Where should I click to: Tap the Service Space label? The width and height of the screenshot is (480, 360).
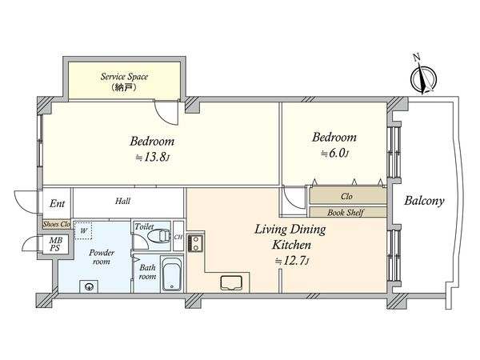pos(124,77)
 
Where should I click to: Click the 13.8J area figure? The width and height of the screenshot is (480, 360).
pos(153,158)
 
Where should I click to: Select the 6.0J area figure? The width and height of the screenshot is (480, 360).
pos(334,153)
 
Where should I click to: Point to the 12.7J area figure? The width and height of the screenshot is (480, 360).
pos(291,261)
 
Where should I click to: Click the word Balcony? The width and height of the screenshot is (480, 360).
pos(424,201)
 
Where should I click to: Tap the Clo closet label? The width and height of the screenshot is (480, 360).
pos(346,196)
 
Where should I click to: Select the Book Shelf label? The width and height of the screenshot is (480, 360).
pos(346,212)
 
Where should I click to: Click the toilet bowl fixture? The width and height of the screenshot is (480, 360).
pos(159,236)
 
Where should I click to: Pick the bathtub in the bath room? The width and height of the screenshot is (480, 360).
pos(171,274)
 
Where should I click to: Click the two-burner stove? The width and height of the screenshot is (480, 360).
pos(194,242)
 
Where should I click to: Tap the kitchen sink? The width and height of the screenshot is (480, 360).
pos(231,282)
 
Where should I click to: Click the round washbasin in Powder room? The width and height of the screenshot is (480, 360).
pos(89,287)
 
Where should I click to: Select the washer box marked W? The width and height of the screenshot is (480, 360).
pos(83,231)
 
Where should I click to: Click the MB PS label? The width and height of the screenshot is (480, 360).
pos(55,244)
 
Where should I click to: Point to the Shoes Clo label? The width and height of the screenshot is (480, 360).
pos(57,224)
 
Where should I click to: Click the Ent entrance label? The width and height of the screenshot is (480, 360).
pos(58,203)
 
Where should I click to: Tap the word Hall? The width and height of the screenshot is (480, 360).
pos(122,201)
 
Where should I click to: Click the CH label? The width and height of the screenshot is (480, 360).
pos(178,237)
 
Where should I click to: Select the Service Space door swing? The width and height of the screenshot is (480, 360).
pos(166,113)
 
